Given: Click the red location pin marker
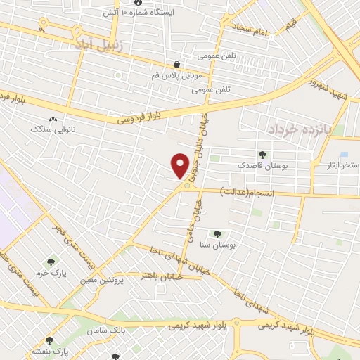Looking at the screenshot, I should [x=180, y=165].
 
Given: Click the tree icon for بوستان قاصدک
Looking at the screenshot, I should [x=262, y=155].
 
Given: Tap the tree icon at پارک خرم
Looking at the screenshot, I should [x=49, y=262].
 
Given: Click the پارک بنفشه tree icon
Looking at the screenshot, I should [x=49, y=341].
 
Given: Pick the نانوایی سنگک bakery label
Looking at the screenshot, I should [x=51, y=129].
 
